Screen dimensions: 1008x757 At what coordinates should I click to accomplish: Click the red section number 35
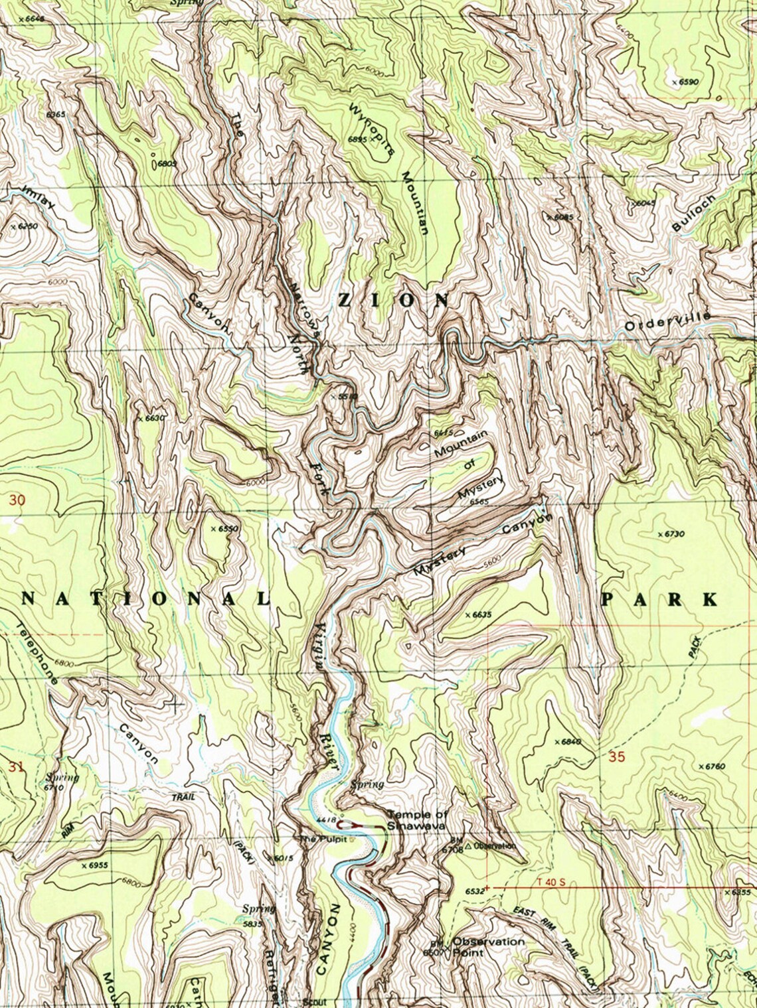(x=616, y=756)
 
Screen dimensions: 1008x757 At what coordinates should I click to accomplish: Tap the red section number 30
(x=17, y=500)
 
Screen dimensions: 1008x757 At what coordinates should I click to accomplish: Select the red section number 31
(x=17, y=767)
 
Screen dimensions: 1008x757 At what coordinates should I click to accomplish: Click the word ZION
(x=393, y=301)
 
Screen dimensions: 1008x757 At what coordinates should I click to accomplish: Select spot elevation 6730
(x=673, y=534)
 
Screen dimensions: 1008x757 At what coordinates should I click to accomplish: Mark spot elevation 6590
(x=687, y=82)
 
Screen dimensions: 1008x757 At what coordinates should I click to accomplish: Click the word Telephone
(x=37, y=654)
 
